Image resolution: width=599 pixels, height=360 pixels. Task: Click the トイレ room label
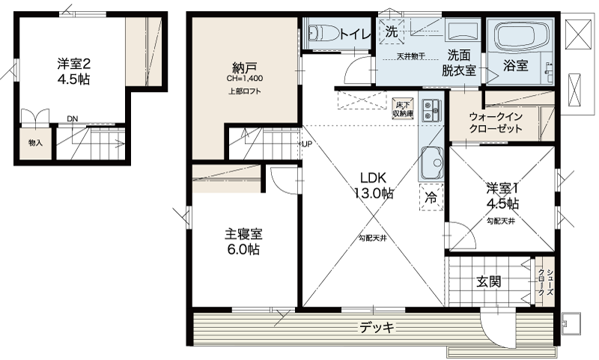click(352, 33)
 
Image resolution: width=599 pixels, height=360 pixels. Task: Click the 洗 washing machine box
click(392, 31)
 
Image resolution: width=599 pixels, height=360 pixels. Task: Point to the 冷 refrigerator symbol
click(431, 198)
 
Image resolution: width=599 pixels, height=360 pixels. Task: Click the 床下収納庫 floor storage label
click(403, 109)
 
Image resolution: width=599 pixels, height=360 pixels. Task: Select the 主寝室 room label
click(243, 241)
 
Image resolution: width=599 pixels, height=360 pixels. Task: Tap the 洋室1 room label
click(502, 195)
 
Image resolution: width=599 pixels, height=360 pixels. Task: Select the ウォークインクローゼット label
click(495, 123)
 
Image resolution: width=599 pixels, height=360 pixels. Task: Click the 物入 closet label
click(35, 143)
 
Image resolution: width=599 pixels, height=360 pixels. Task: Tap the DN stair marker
click(72, 118)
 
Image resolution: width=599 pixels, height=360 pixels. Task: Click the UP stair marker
click(306, 144)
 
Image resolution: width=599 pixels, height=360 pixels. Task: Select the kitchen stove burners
click(430, 110)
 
